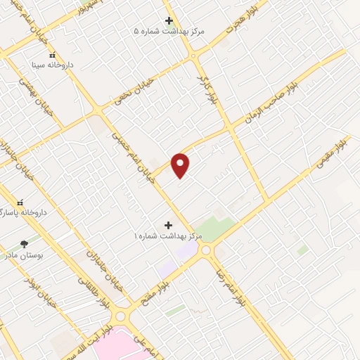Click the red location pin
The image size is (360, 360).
pyautogui.click(x=181, y=165)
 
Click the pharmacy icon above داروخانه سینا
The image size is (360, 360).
pyautogui.click(x=51, y=55)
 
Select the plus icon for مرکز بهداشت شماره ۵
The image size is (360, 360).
pyautogui.click(x=168, y=20)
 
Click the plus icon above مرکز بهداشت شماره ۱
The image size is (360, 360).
pyautogui.click(x=167, y=225)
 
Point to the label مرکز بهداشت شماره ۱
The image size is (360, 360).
pyautogui.click(x=169, y=236)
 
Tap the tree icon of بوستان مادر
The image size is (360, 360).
pyautogui.click(x=25, y=244)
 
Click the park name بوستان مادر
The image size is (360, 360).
pyautogui.click(x=25, y=255)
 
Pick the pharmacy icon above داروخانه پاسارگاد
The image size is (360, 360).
pyautogui.click(x=20, y=202)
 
